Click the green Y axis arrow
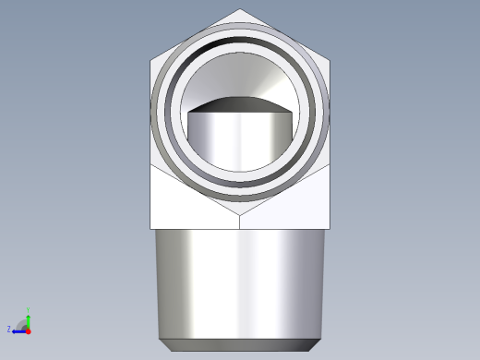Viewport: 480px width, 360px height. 29,317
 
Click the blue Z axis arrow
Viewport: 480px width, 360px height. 18,330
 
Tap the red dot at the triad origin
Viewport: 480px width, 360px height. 29,330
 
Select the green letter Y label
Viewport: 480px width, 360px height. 30,309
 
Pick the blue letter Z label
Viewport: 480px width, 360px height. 9,329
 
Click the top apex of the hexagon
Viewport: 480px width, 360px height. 241,10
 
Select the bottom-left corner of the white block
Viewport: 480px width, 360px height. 151,228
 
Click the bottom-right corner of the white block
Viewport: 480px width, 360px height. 330,228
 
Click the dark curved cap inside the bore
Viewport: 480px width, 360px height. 241,103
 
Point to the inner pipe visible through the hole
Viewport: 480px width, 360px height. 241,143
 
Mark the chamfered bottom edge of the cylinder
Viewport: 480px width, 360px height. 241,345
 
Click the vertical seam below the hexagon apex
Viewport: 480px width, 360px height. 241,223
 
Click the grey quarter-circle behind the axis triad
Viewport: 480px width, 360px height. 23,324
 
